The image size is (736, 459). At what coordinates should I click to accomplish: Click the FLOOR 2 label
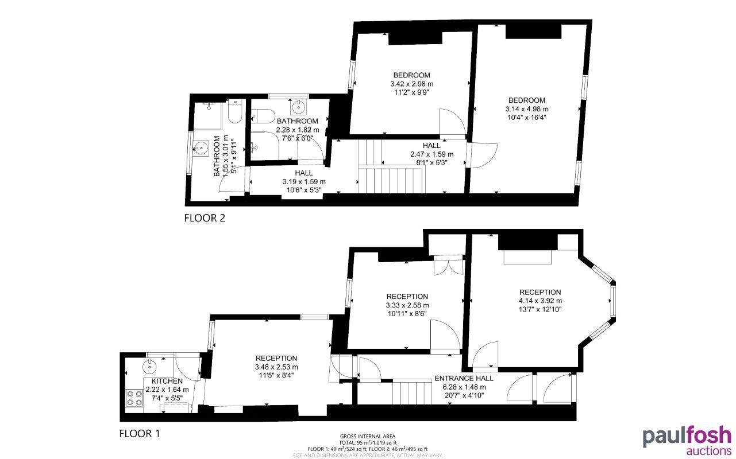point(205,218)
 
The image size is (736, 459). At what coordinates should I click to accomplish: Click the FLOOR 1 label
point(140,433)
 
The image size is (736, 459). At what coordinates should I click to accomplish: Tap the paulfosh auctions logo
point(687,439)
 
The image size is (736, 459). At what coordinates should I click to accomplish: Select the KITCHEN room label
point(167,382)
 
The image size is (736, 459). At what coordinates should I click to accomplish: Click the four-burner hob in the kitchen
point(134,397)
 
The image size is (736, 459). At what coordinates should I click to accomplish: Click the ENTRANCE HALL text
point(464,379)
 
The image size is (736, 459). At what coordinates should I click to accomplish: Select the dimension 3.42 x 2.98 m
point(411,84)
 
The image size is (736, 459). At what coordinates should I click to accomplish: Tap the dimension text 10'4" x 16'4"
point(525,118)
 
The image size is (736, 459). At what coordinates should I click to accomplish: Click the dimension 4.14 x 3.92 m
point(540,301)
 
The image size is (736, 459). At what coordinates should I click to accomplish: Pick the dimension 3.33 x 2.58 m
point(407,305)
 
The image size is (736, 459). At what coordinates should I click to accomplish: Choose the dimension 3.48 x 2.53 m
point(276,367)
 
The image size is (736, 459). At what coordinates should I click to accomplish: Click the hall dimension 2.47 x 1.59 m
point(431,154)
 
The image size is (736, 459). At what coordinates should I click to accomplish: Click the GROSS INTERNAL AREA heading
point(368,436)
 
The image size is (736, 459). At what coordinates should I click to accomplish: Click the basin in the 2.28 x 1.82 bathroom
point(299,107)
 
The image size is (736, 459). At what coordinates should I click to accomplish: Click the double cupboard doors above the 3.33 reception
point(448,268)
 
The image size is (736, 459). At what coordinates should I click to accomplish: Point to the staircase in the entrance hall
point(412,392)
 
